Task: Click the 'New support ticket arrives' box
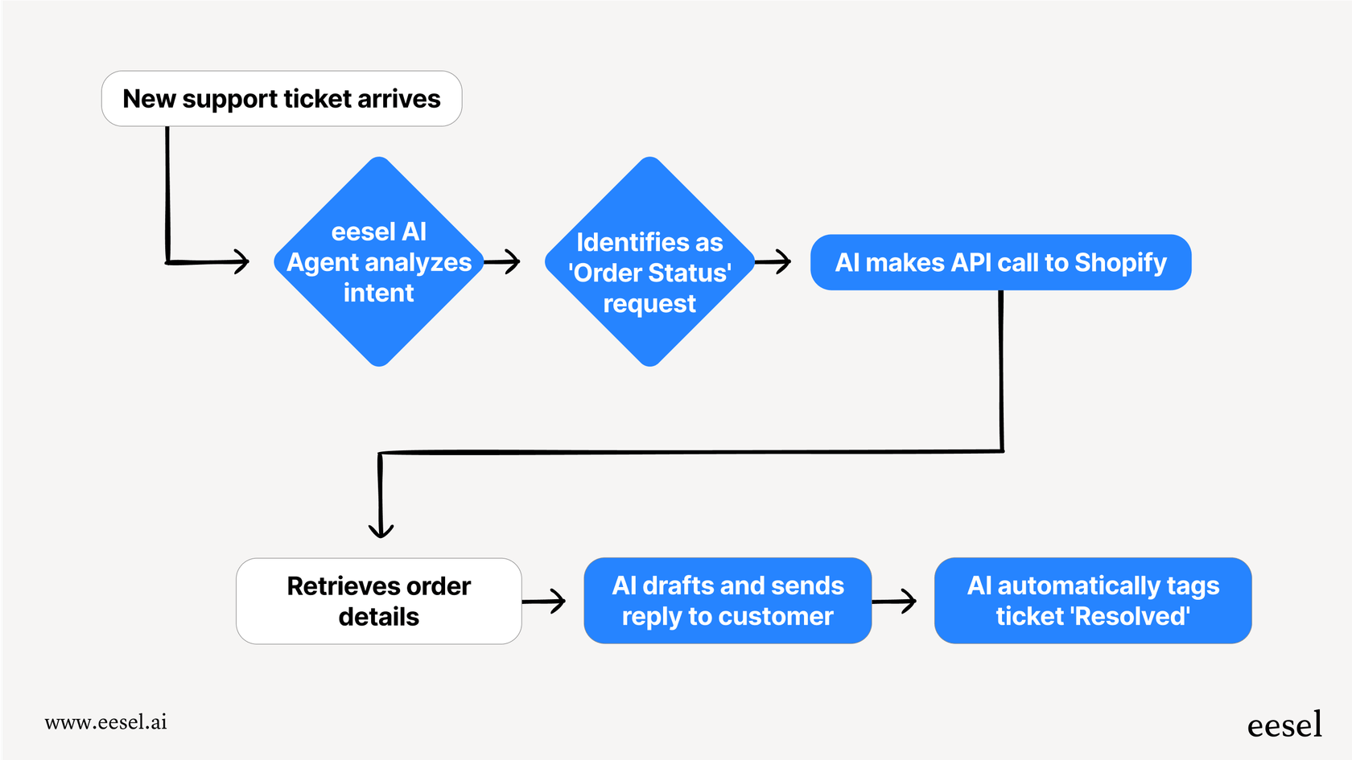tap(282, 99)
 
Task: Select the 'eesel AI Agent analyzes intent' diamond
tap(378, 261)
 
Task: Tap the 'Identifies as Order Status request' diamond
tap(649, 261)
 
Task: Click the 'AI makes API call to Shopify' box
tap(1000, 262)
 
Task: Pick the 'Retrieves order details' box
tap(378, 601)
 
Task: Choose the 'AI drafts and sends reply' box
tap(728, 601)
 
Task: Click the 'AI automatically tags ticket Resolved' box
tap(1092, 601)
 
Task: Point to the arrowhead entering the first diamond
tap(241, 261)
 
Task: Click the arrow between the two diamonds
tap(503, 261)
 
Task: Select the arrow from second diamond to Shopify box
tap(774, 261)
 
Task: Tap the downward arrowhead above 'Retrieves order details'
tap(381, 528)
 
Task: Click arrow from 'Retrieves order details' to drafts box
tap(546, 601)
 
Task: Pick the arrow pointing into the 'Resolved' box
tap(896, 601)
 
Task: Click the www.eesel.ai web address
tap(105, 722)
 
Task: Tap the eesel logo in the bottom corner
tap(1284, 725)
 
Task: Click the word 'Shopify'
tap(1120, 263)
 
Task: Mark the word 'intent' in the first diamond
tap(378, 293)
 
